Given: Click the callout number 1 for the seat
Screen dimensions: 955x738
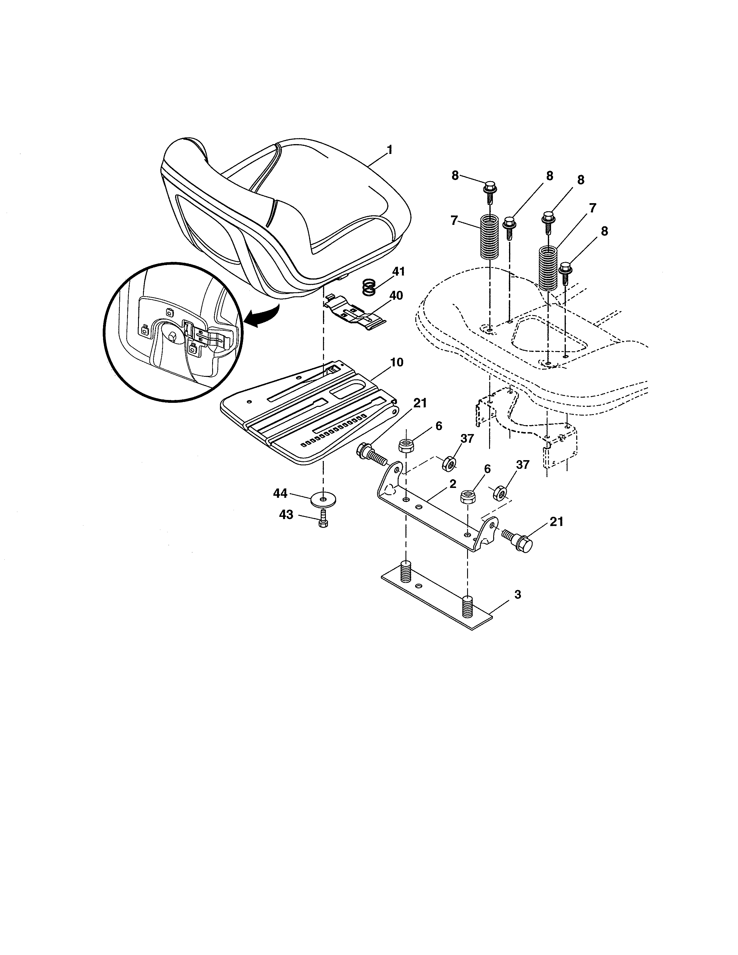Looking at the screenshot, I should click(389, 150).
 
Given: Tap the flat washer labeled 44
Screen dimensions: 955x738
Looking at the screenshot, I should click(323, 499).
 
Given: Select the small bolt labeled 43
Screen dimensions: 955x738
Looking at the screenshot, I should click(324, 519).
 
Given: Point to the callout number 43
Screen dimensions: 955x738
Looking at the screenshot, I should click(286, 515).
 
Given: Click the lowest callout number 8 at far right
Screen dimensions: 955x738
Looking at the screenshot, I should click(604, 231).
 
